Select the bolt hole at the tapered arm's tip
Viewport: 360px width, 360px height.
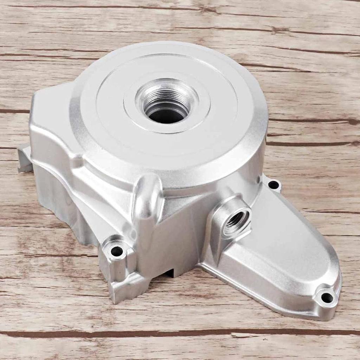[327, 297]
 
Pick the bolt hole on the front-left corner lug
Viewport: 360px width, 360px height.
[117, 251]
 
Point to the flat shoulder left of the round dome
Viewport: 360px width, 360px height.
[53, 116]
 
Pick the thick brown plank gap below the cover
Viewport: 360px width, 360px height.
[176, 333]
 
